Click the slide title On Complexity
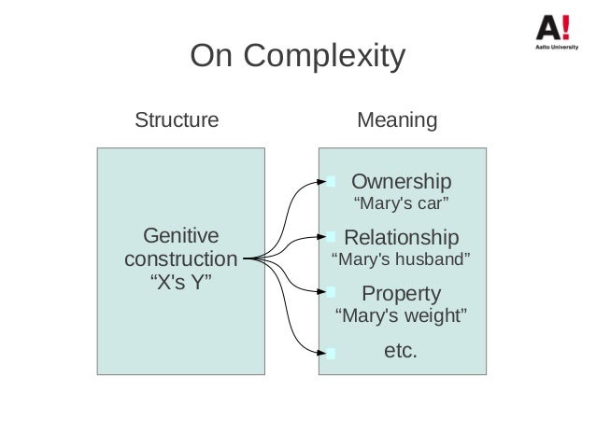(x=297, y=59)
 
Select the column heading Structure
(x=177, y=120)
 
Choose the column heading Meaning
(x=398, y=120)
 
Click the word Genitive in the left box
(x=177, y=234)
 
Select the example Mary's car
(x=401, y=203)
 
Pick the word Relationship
(x=402, y=236)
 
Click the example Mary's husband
(x=402, y=258)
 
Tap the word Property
(x=401, y=293)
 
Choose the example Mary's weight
(x=401, y=315)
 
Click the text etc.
(x=401, y=351)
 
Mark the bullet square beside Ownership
(x=329, y=180)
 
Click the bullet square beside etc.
(x=329, y=353)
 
